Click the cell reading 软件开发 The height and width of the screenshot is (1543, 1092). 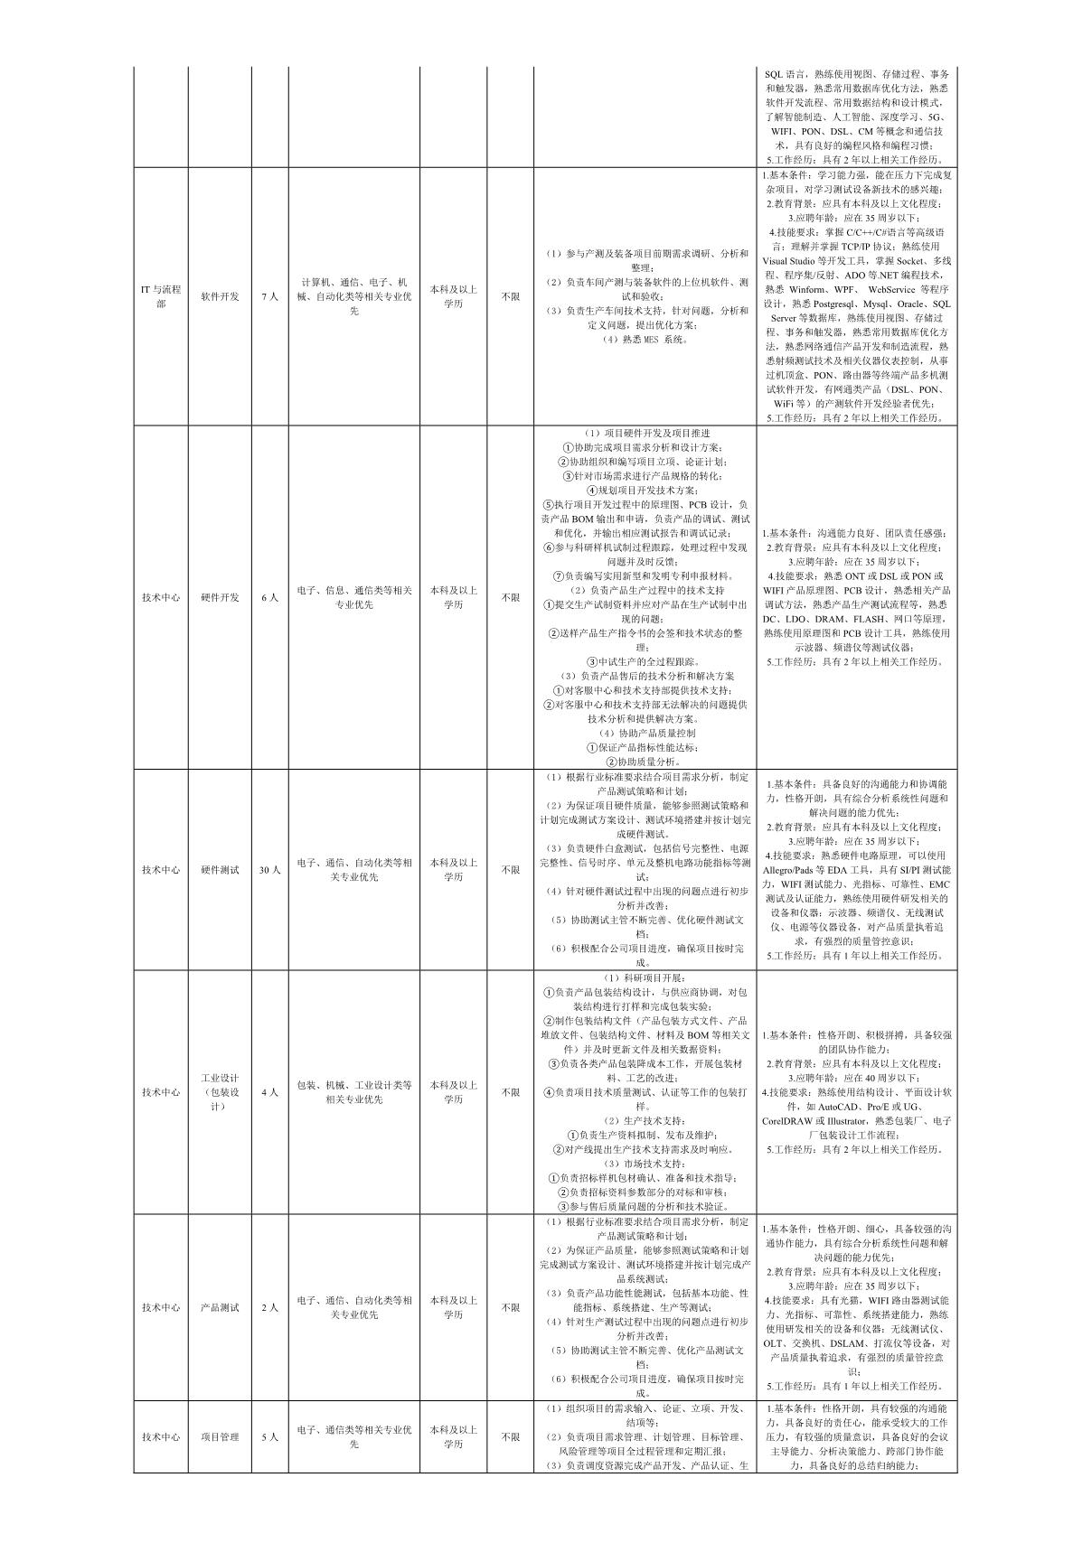tap(220, 296)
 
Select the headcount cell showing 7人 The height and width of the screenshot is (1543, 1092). tap(269, 296)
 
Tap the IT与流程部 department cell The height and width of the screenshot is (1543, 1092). tap(160, 296)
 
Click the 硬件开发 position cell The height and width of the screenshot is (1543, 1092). tap(220, 597)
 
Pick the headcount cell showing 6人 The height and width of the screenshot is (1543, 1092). tap(269, 597)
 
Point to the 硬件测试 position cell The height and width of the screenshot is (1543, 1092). tap(220, 870)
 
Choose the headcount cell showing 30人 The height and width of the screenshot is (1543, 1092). tap(269, 870)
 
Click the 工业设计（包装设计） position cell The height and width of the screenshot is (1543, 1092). tap(220, 1092)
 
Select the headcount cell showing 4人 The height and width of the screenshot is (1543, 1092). tap(269, 1092)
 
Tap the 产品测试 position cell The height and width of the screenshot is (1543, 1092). tap(220, 1307)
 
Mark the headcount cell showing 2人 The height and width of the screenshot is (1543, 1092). tap(269, 1307)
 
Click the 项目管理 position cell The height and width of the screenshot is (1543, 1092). tap(220, 1436)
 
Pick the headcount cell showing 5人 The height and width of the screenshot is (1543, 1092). tap(269, 1436)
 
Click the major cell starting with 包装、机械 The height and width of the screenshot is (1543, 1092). tap(353, 1092)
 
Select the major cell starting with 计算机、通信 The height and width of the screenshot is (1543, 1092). tap(353, 296)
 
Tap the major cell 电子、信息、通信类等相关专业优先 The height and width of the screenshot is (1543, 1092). tap(353, 597)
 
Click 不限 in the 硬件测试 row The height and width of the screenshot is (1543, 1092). tap(510, 870)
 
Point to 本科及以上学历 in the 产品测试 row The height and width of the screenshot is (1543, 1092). tap(453, 1307)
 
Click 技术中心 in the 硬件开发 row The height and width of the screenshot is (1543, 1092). tap(160, 597)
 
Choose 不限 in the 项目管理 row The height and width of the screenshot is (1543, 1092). tap(510, 1436)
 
